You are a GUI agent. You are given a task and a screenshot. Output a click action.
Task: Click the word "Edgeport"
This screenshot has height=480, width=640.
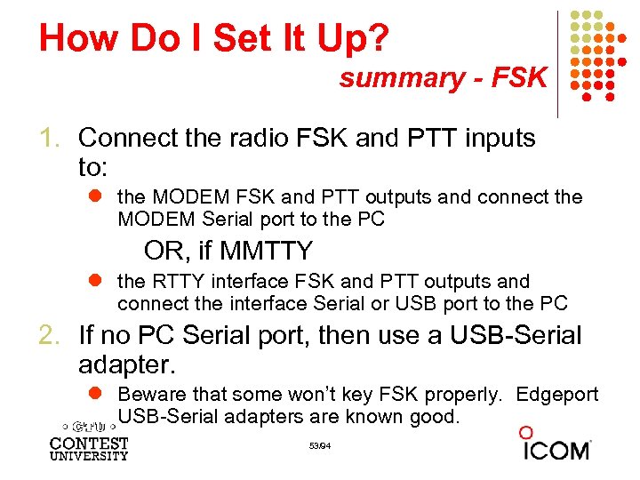[557, 395]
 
